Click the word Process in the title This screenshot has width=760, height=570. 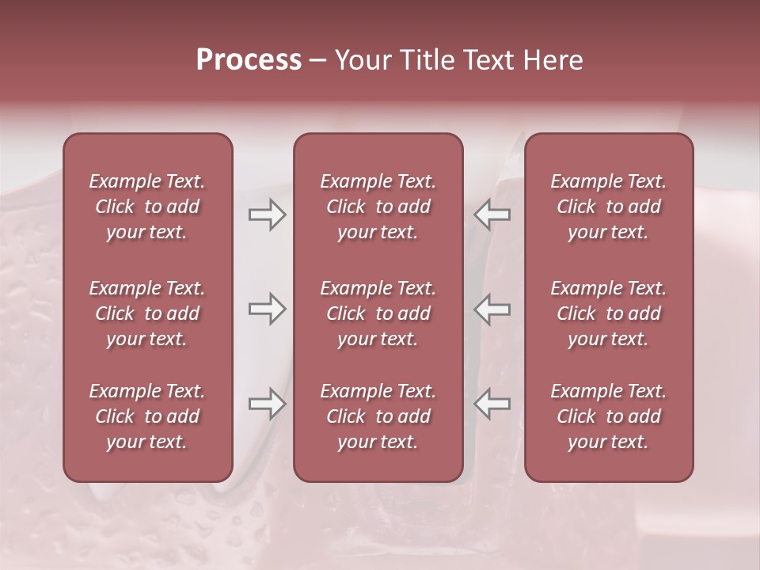click(x=249, y=60)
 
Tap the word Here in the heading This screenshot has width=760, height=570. click(x=552, y=60)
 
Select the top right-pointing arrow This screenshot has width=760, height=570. click(x=267, y=215)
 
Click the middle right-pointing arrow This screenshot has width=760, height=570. click(x=267, y=309)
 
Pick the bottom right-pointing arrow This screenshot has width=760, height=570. click(x=267, y=404)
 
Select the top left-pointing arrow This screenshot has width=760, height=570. click(x=492, y=215)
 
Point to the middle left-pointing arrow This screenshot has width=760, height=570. click(x=492, y=309)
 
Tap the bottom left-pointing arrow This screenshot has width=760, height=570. click(x=492, y=404)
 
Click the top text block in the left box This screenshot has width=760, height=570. click(x=147, y=207)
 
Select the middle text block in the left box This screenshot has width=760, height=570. click(x=147, y=313)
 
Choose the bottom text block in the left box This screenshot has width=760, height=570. click(x=147, y=416)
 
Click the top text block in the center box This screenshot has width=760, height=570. click(x=378, y=207)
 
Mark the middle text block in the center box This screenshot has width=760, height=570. click(x=378, y=313)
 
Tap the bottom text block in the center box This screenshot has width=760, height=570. click(x=378, y=416)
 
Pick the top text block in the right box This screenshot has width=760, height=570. click(x=608, y=207)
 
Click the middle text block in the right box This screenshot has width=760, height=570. click(x=608, y=313)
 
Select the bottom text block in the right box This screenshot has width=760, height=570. click(x=608, y=416)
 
